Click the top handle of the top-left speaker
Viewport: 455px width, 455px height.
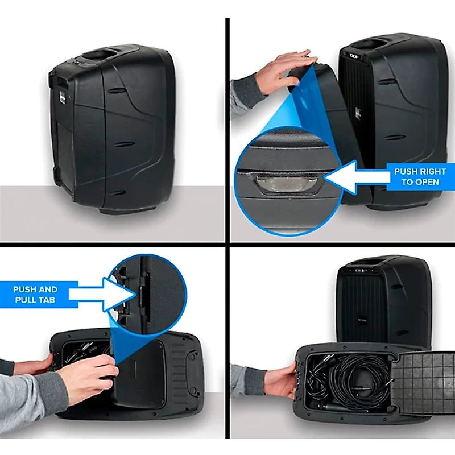(109, 56)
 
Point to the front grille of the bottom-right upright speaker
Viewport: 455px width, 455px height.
(364, 307)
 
